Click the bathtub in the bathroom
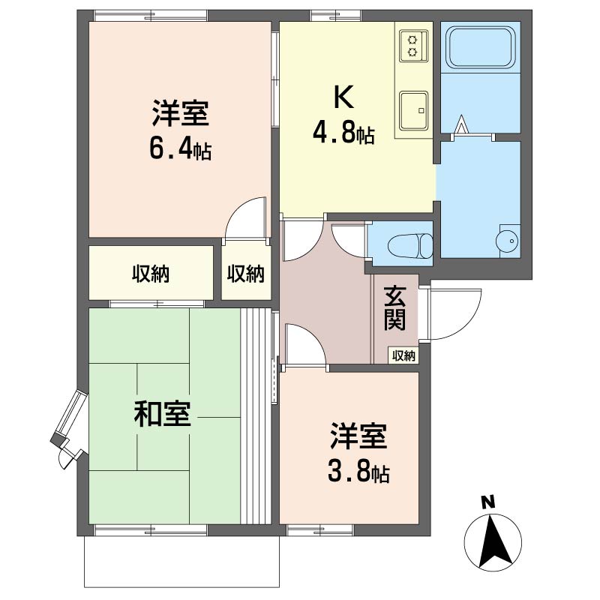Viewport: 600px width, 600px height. (x=481, y=47)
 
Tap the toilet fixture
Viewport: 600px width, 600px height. (x=410, y=245)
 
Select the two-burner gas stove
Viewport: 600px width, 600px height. (x=414, y=46)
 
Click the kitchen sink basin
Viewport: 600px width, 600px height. (x=414, y=110)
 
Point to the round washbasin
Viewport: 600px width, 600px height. (x=508, y=240)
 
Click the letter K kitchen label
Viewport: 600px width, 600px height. (x=343, y=97)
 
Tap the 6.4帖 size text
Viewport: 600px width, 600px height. (x=180, y=150)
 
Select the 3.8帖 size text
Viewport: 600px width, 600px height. (x=358, y=473)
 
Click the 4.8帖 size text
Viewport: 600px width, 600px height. (x=343, y=133)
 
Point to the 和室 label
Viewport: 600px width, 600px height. (x=162, y=414)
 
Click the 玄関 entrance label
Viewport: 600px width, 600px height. (x=395, y=307)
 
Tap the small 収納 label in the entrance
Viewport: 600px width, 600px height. (x=403, y=355)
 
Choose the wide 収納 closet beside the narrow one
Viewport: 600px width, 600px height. (x=151, y=273)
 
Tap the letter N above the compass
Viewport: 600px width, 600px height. (x=488, y=502)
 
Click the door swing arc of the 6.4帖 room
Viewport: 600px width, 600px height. (x=236, y=211)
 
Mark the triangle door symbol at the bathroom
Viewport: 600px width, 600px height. (x=462, y=124)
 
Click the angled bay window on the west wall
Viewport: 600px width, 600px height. (x=68, y=428)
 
